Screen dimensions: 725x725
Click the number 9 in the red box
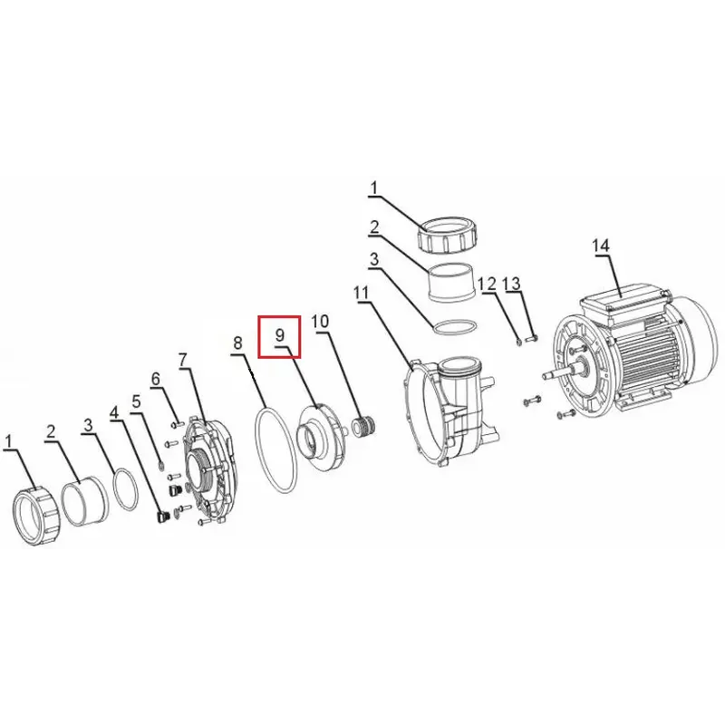point(279,334)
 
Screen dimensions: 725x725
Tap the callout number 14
point(601,246)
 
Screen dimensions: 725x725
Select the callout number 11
point(362,293)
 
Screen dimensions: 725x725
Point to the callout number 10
point(320,321)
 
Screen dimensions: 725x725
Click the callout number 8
point(237,343)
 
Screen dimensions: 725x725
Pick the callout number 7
point(184,359)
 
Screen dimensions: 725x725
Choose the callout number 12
point(487,284)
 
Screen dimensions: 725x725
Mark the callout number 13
point(512,284)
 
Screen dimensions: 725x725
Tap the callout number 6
point(156,379)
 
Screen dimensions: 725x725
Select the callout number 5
point(136,401)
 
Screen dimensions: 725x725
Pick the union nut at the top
point(447,235)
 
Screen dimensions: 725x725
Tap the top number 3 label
point(374,259)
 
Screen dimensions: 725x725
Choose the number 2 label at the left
point(51,431)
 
